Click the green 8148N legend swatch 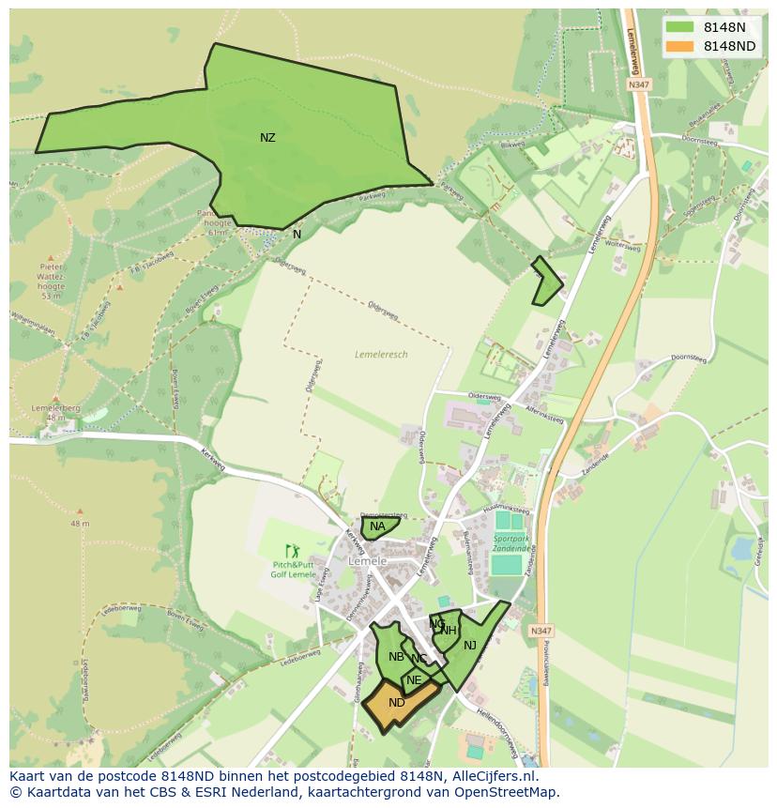[x=680, y=27]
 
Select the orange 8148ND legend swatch [x=680, y=46]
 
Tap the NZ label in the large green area [x=267, y=138]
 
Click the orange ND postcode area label [x=397, y=703]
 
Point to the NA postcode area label [x=377, y=526]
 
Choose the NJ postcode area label [x=470, y=645]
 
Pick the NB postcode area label [x=396, y=657]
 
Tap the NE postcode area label [x=414, y=680]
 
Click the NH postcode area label [x=449, y=631]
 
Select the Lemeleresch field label [x=381, y=355]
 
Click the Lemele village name [x=367, y=561]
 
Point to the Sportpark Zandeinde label [x=510, y=545]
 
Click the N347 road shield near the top [x=639, y=84]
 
